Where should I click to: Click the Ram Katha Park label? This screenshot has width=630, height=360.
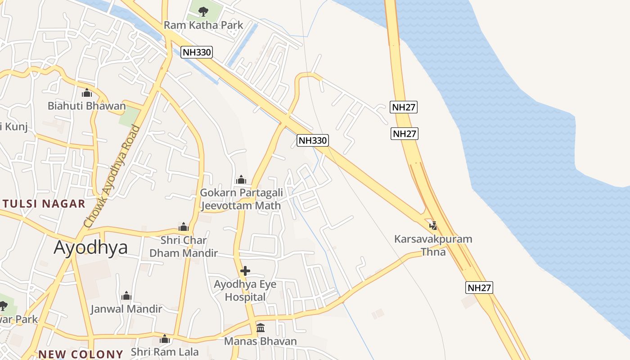coord(203,25)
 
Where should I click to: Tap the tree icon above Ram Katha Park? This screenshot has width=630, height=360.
coord(203,11)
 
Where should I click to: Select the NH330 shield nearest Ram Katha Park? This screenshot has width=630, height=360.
coord(197,52)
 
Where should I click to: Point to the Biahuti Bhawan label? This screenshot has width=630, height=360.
coord(87,106)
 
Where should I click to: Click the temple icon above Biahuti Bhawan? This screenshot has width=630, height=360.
coord(87,93)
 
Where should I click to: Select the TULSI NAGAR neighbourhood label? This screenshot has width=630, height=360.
coord(43,204)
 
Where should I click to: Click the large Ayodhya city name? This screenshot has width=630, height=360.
coord(90,247)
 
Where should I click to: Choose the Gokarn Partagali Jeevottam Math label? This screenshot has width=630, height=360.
coord(241,199)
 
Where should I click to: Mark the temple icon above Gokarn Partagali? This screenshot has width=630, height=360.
coord(241,180)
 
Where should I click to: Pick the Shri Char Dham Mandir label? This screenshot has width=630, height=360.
coord(184,247)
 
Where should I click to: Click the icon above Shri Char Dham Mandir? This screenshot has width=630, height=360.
coord(184,226)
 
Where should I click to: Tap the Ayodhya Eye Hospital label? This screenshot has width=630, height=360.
coord(245,291)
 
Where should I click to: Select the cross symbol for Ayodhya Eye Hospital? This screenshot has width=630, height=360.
coord(245,271)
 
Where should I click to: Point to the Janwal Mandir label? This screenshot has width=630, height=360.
coord(126,309)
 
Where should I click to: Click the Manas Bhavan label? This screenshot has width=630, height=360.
coord(261,341)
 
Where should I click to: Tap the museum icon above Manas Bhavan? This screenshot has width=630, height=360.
coord(261,328)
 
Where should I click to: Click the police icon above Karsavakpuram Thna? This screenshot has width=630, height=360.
coord(433,225)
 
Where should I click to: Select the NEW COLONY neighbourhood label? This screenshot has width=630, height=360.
coord(81,354)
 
